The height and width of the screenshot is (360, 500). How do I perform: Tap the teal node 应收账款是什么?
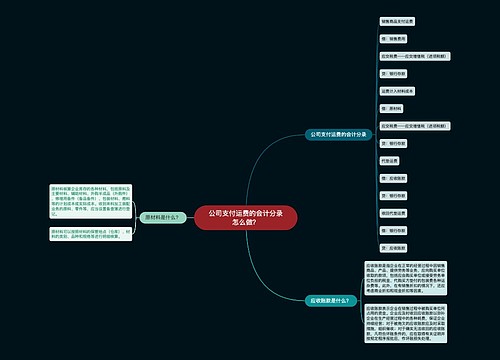330,299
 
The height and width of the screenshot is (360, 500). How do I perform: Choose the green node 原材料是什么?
163,217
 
